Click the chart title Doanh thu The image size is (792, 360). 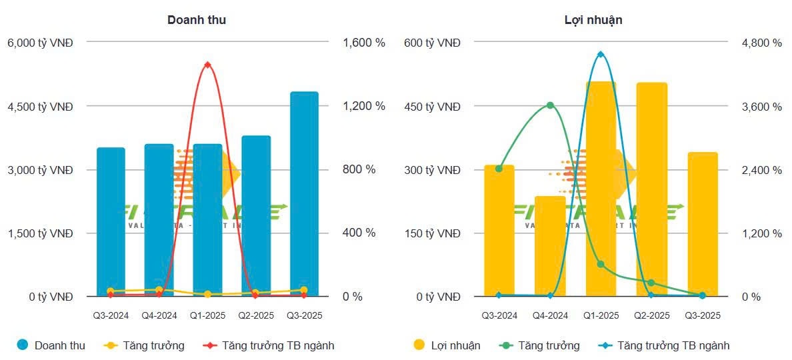click(196, 20)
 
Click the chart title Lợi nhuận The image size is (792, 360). click(593, 20)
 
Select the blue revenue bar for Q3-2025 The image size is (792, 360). click(304, 193)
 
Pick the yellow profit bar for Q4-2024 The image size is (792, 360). click(550, 246)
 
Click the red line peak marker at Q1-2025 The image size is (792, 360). click(207, 65)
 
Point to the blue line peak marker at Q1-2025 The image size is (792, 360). click(601, 54)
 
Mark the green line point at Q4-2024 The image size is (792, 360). click(550, 105)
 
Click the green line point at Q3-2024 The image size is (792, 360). click(499, 168)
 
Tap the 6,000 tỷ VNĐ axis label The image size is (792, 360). click(40, 43)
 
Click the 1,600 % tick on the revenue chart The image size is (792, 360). click(364, 43)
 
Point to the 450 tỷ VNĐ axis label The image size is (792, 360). click(432, 106)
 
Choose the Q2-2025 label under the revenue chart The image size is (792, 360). click(255, 315)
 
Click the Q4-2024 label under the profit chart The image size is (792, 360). click(550, 315)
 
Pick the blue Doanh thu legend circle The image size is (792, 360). click(23, 345)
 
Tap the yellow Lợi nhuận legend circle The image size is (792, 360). click(419, 345)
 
